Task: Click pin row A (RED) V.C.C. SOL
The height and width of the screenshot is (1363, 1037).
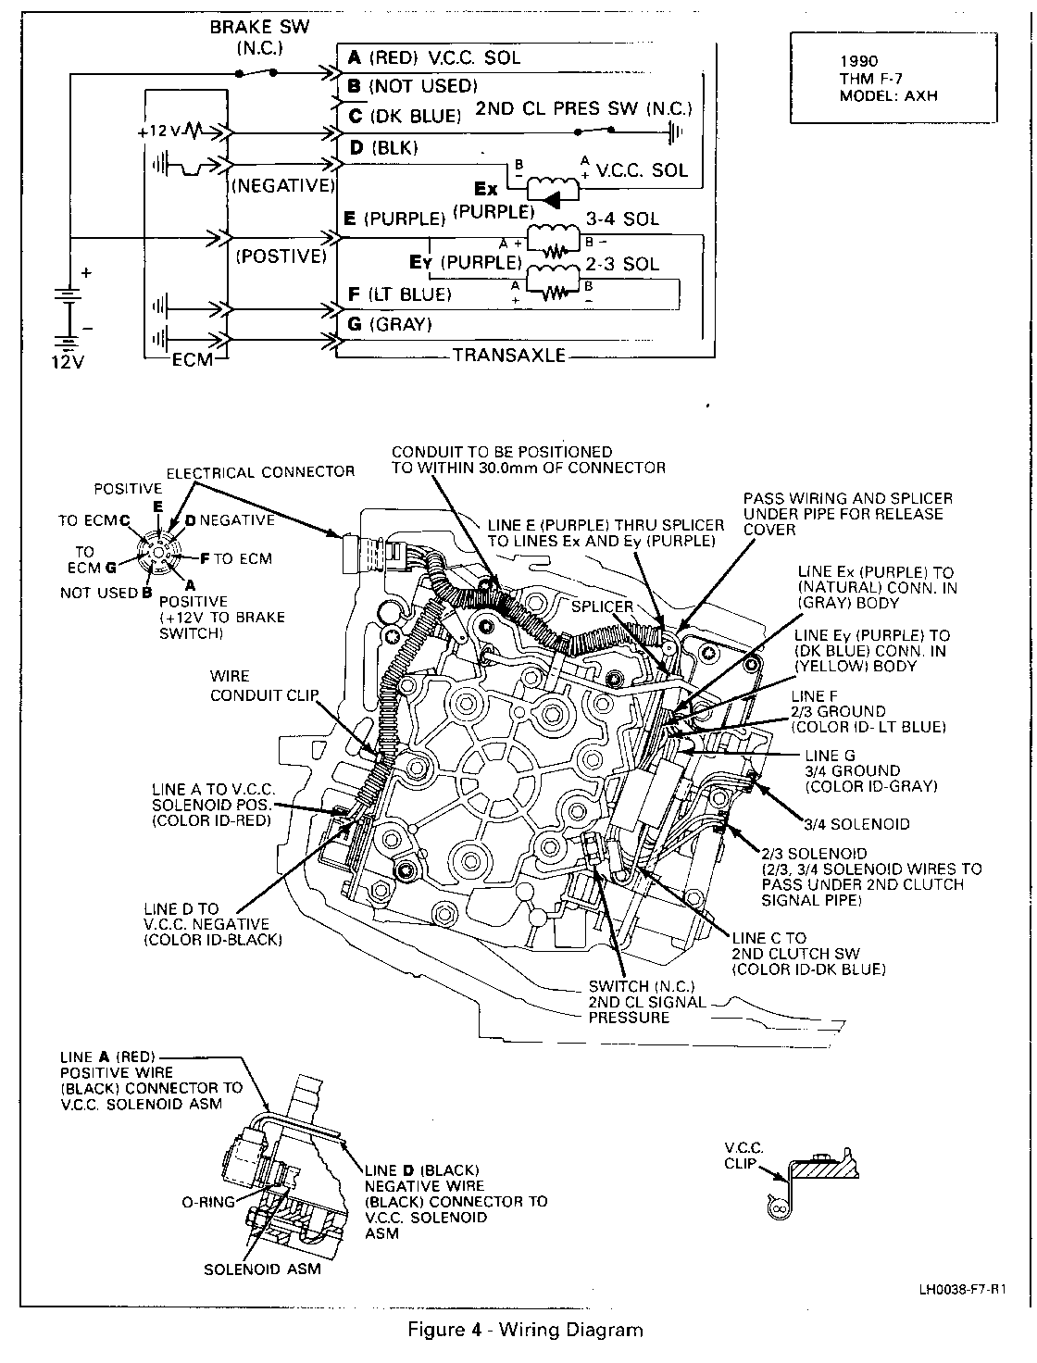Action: click(x=434, y=57)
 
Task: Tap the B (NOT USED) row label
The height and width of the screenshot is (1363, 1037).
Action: click(x=412, y=86)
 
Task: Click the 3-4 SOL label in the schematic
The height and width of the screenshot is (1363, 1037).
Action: click(x=622, y=219)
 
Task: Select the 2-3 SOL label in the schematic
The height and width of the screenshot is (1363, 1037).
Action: click(x=622, y=264)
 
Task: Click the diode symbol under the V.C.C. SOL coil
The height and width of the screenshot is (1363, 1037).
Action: click(x=552, y=198)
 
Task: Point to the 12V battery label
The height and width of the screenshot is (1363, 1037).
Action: click(x=67, y=361)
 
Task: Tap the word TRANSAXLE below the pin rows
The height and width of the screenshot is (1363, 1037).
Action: click(x=508, y=356)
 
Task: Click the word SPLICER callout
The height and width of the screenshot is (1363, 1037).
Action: click(x=602, y=606)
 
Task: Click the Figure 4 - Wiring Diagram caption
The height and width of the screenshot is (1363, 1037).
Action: click(x=525, y=1331)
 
